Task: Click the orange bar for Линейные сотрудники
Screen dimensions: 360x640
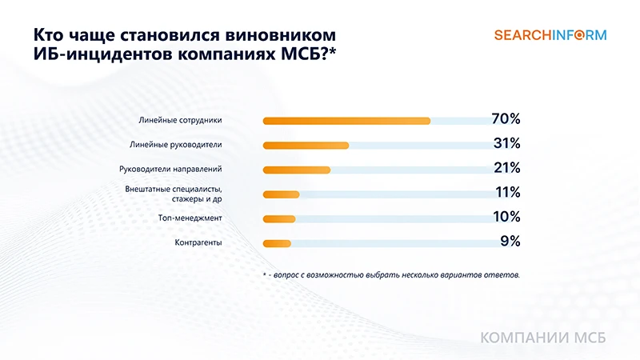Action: [x=346, y=121]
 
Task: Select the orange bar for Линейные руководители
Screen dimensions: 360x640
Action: [x=306, y=146]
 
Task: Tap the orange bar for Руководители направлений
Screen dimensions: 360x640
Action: [x=297, y=170]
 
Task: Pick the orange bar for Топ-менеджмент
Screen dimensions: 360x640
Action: [x=279, y=218]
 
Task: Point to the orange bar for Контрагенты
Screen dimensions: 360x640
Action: [x=277, y=243]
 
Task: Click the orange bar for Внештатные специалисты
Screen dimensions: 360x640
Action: [x=281, y=194]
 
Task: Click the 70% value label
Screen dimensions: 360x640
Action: [x=506, y=119]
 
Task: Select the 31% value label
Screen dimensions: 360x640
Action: [x=507, y=144]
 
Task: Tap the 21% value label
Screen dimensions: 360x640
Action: [x=507, y=168]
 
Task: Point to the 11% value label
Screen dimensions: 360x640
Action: [x=508, y=192]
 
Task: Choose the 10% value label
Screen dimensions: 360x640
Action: [x=507, y=217]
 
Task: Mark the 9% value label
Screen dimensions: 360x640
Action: [x=510, y=241]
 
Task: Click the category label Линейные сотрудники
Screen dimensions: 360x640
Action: [x=180, y=121]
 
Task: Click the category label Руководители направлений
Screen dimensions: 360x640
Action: [x=170, y=170]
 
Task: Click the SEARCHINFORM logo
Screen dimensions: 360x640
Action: [x=550, y=35]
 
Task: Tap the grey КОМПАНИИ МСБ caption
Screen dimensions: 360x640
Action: [x=542, y=338]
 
